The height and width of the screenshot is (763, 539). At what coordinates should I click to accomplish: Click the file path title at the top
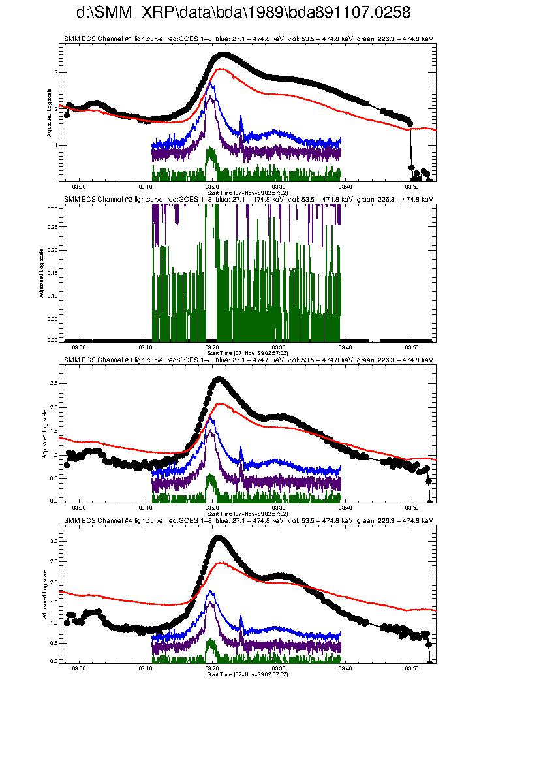[x=243, y=14]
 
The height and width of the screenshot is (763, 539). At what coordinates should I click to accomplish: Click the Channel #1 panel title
[x=248, y=39]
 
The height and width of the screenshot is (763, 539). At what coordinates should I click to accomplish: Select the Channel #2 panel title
[x=248, y=198]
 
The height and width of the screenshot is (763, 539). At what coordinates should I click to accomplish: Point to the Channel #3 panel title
[x=248, y=359]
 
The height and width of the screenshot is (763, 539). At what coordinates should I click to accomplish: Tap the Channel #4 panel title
[x=248, y=520]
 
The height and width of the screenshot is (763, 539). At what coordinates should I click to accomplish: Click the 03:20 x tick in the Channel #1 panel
[x=212, y=186]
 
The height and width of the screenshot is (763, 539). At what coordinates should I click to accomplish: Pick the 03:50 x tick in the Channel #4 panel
[x=412, y=668]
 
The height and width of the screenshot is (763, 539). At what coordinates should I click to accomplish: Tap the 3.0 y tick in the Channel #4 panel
[x=52, y=541]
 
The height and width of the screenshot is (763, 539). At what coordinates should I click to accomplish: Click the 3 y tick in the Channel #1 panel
[x=55, y=73]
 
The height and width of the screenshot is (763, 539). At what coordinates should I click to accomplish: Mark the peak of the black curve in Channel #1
[x=223, y=55]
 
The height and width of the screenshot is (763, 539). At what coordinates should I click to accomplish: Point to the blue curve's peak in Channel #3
[x=211, y=418]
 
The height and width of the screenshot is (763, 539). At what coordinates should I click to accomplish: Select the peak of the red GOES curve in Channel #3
[x=222, y=403]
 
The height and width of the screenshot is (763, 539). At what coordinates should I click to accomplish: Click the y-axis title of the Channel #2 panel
[x=40, y=273]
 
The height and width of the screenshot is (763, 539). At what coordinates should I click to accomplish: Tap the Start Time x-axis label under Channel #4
[x=247, y=674]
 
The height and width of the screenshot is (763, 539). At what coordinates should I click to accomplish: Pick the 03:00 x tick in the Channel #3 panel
[x=79, y=507]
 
